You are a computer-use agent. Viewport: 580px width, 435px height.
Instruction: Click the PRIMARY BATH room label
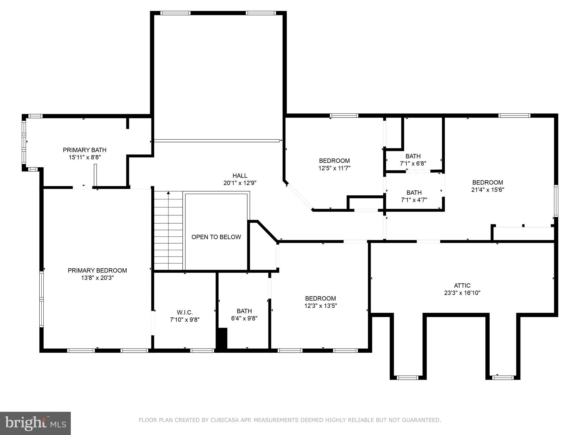[x=84, y=150]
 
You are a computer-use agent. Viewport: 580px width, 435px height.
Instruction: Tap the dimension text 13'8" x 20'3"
[x=97, y=278]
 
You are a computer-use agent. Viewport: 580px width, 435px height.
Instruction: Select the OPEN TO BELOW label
[x=216, y=237]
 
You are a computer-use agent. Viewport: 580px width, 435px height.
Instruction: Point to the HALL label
[x=240, y=176]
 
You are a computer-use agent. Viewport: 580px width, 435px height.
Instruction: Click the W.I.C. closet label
[x=185, y=312]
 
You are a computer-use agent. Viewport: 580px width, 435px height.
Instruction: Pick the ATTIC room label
[x=462, y=285]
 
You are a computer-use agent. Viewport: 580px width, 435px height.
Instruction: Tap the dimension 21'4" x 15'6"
[x=487, y=190]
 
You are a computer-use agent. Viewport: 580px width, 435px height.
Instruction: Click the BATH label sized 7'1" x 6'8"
[x=413, y=156]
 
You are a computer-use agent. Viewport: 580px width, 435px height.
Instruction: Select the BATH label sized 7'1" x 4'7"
[x=414, y=193]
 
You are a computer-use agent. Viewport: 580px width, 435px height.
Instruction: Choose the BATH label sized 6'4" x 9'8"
[x=244, y=311]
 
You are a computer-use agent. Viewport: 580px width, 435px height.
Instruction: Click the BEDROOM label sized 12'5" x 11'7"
[x=334, y=161]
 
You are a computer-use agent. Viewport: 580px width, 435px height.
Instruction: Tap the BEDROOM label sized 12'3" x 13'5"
[x=320, y=298]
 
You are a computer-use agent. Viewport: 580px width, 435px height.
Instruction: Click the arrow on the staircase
[x=168, y=193]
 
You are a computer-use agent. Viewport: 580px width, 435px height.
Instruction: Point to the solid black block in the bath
[x=222, y=338]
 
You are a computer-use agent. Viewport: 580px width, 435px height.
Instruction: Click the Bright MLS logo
[x=35, y=423]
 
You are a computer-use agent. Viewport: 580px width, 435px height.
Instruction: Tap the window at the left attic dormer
[x=408, y=378]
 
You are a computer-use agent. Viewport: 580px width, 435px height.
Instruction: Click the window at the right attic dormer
[x=503, y=378]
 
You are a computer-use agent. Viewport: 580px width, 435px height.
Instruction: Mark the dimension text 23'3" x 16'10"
[x=462, y=293]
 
